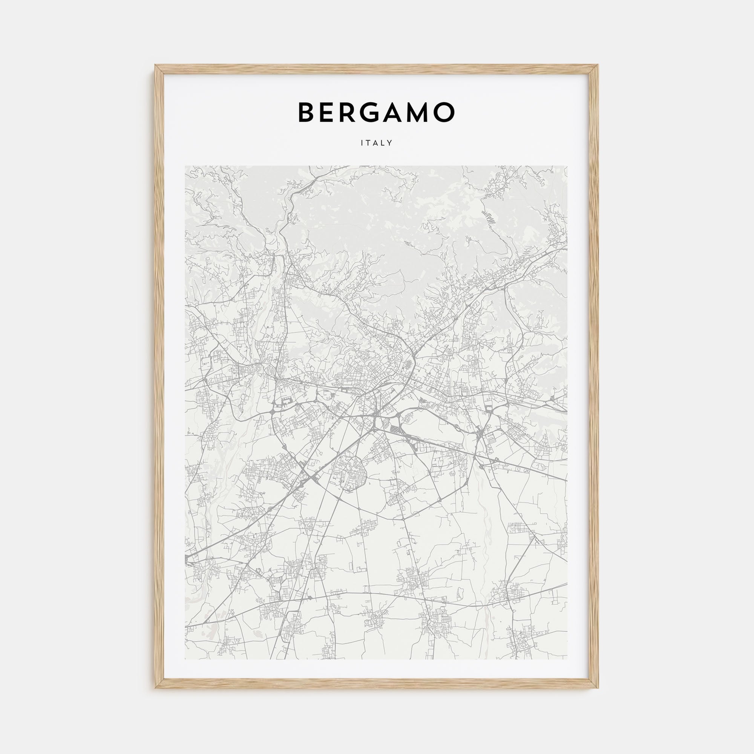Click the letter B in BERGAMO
pyautogui.click(x=308, y=112)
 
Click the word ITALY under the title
pyautogui.click(x=377, y=143)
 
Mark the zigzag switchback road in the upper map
pyautogui.click(x=487, y=214)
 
